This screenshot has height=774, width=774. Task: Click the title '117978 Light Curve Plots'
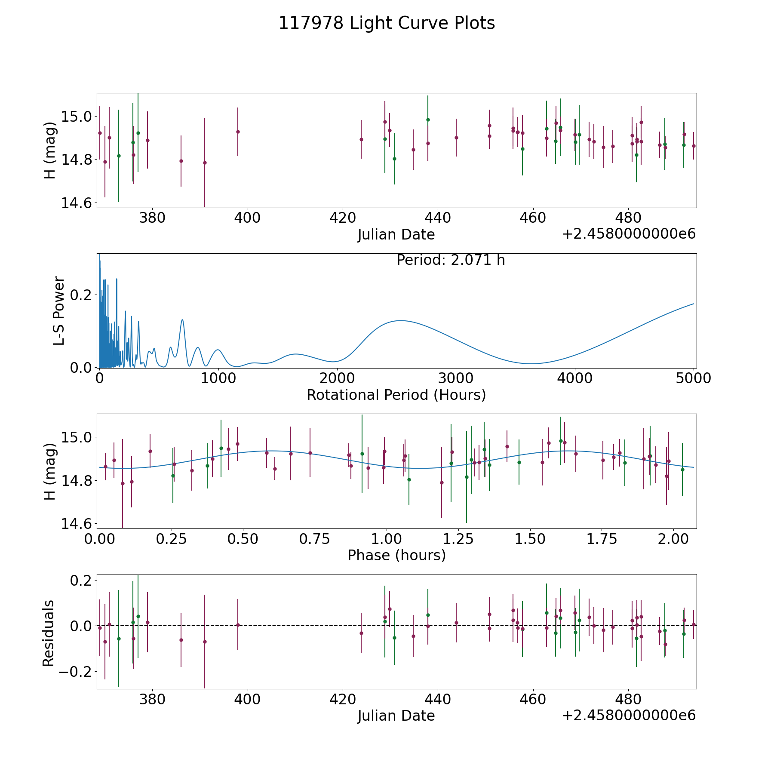point(387,23)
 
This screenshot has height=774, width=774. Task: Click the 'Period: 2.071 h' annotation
point(451,260)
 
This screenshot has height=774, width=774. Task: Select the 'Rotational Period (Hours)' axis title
point(396,395)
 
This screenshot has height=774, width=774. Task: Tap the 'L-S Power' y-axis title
point(59,310)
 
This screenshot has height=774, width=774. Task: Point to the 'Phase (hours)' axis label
point(396,555)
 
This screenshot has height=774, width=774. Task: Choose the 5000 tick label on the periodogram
point(693,378)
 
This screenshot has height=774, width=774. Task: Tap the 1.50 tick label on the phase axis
point(530,539)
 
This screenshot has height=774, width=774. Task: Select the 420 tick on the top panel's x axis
point(342,218)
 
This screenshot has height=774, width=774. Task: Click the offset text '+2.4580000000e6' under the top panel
point(629,234)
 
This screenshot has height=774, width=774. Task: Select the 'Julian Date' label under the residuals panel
point(396,716)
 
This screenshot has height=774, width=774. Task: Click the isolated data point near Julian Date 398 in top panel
point(238,132)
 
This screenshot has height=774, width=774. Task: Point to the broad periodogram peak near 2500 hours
point(400,320)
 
